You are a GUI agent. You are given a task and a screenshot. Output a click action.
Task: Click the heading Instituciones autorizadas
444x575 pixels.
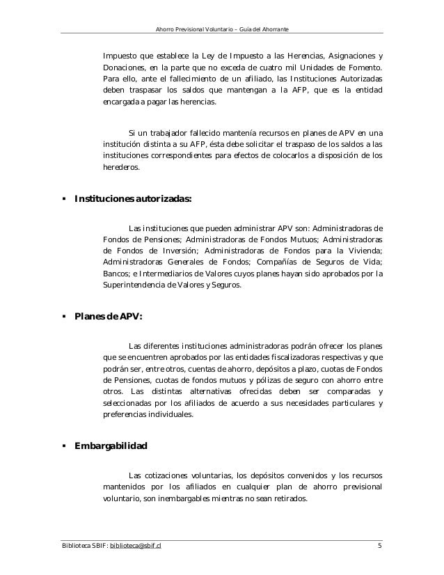(133, 199)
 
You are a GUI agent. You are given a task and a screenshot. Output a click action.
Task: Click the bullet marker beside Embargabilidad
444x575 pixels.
(64, 446)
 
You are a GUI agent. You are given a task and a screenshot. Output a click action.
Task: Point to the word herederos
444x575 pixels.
(120, 168)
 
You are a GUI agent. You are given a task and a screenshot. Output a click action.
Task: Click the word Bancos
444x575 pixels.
(115, 274)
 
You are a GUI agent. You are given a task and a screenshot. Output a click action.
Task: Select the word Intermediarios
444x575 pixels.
(171, 274)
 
